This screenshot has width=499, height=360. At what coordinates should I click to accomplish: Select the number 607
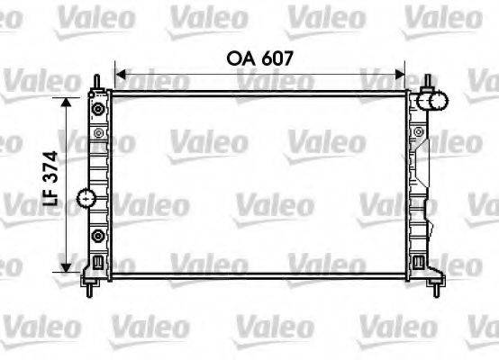tap(277, 58)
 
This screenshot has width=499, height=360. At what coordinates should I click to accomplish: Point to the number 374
tap(53, 168)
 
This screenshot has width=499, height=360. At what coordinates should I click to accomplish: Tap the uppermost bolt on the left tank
tap(97, 109)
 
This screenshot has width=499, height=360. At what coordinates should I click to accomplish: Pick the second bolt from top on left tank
tap(97, 133)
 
